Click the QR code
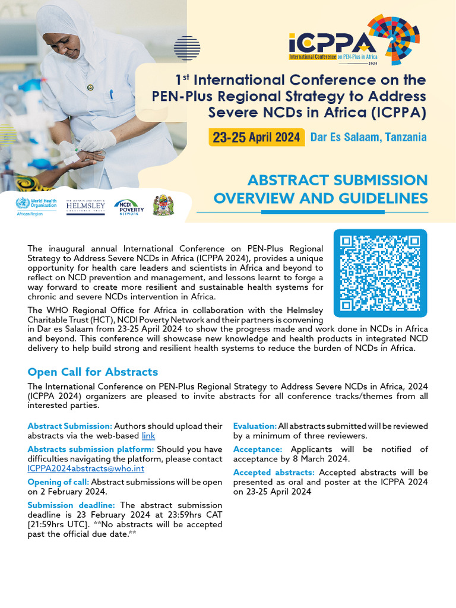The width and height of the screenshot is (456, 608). tap(381, 273)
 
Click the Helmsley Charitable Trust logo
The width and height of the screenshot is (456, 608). tap(85, 207)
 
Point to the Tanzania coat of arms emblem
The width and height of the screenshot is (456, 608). tap(163, 205)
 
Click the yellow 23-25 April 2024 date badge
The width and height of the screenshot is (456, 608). tap(256, 137)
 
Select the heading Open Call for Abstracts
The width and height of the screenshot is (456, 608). tap(93, 372)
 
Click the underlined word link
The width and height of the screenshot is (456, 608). tap(148, 436)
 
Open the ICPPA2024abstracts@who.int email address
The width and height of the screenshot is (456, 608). tap(85, 468)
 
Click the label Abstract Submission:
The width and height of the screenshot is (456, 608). tap(69, 426)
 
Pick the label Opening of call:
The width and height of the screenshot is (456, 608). tap(58, 482)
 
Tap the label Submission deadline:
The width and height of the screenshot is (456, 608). tap(73, 505)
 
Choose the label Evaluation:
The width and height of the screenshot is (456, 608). tap(255, 426)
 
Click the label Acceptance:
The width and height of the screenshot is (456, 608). tap(258, 449)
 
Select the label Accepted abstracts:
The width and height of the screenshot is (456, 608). tap(274, 473)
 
